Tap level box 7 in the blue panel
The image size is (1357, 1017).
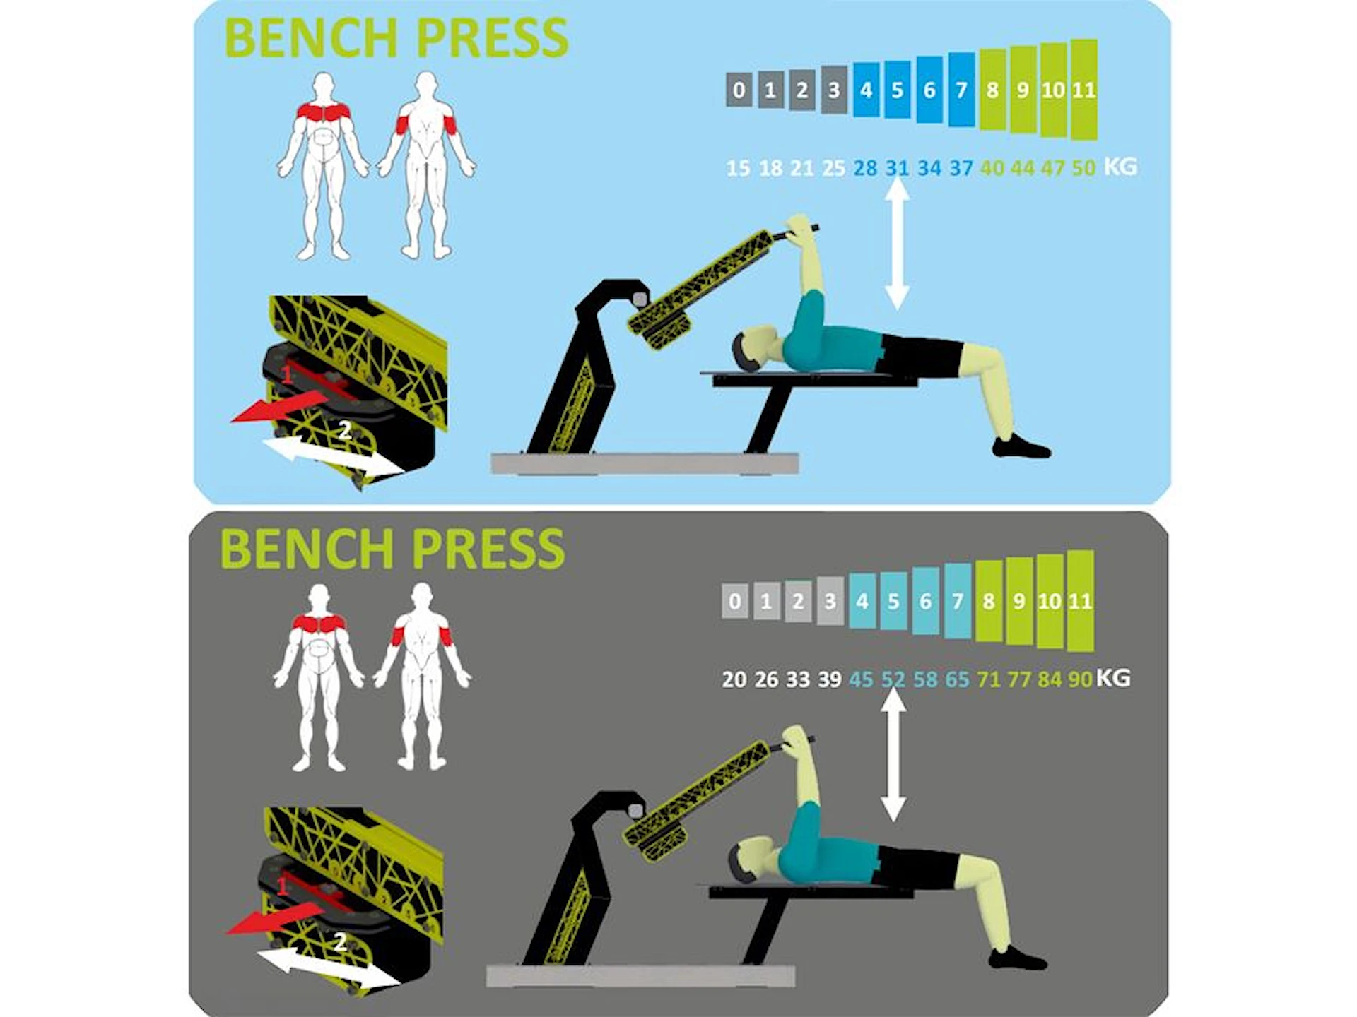(961, 90)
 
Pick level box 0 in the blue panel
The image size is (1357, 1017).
(739, 90)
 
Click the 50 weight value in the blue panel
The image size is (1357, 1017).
(1083, 168)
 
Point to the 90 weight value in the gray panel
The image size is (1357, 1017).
(1080, 679)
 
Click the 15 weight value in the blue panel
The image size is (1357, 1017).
(738, 168)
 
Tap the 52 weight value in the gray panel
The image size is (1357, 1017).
(893, 679)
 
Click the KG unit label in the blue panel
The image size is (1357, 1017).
(1120, 167)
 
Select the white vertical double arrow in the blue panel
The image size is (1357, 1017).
(897, 244)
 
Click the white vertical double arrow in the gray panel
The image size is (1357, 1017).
(893, 756)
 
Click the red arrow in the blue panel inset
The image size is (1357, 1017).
(280, 409)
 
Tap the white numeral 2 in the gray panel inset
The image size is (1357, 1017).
(340, 942)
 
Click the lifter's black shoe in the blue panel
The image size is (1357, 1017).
(1021, 448)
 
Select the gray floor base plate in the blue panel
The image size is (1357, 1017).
(645, 463)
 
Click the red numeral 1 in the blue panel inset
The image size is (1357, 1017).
(287, 374)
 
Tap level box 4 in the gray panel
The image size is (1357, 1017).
(862, 601)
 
